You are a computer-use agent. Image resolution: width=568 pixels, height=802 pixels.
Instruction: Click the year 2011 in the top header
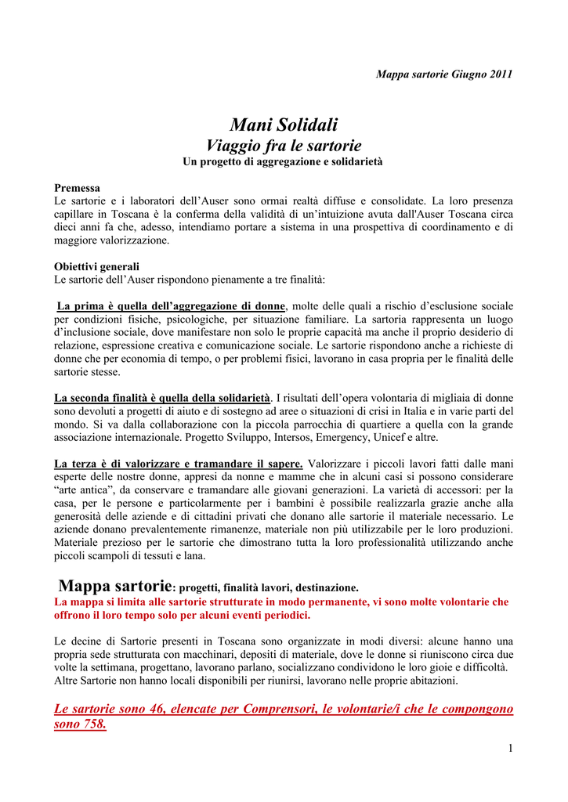[x=499, y=74]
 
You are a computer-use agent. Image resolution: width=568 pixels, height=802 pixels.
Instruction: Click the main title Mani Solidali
[x=284, y=125]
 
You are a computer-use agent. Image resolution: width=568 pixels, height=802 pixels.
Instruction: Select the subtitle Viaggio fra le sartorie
[x=284, y=146]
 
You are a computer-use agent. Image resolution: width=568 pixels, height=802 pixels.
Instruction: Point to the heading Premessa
[x=77, y=188]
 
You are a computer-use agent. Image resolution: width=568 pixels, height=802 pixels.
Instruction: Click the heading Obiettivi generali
[x=96, y=266]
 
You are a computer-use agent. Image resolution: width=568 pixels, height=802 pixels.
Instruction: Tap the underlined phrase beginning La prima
[x=171, y=305]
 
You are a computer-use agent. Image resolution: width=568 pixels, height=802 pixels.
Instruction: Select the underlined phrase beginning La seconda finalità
[x=162, y=397]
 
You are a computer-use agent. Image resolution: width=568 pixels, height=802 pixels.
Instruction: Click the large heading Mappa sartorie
[x=115, y=585]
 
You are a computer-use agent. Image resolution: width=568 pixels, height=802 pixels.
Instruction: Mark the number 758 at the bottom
[x=92, y=724]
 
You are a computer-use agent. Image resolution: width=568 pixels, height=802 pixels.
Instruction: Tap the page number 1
[x=510, y=748]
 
